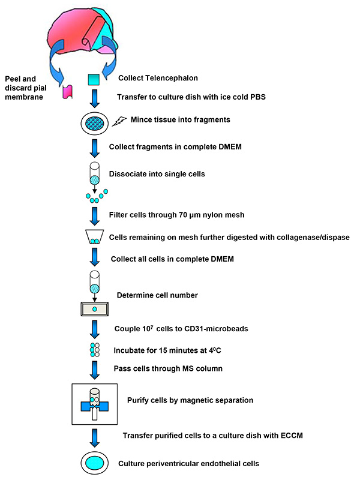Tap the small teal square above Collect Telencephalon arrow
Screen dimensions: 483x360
tap(93, 79)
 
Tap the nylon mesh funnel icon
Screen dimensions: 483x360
tap(94, 238)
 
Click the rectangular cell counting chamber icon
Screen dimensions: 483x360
tap(94, 309)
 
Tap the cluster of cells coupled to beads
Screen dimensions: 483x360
tap(94, 349)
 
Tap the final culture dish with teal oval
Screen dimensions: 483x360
tap(95, 463)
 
